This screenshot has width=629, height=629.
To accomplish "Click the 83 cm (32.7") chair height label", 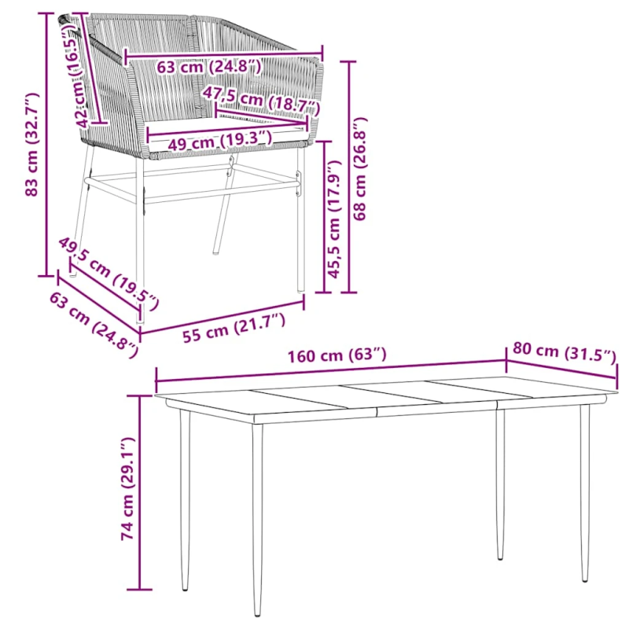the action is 32,145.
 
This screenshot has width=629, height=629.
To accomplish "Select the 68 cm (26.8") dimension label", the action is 360,168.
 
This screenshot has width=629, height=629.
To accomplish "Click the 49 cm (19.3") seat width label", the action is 220,142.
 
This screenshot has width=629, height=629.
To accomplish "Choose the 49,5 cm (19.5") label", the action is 109,274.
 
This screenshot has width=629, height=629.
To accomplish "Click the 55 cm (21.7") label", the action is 234,329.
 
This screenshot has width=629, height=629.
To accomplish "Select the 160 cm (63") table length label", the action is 337,355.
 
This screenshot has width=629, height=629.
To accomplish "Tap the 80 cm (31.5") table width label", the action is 564,352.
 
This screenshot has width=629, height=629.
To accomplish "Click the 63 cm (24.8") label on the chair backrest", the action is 209,66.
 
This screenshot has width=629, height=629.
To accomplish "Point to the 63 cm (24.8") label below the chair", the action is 94,325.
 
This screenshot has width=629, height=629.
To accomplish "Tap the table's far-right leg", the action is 585,492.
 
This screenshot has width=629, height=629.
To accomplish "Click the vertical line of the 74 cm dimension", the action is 140,492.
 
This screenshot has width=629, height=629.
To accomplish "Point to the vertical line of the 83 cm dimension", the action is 46,145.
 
